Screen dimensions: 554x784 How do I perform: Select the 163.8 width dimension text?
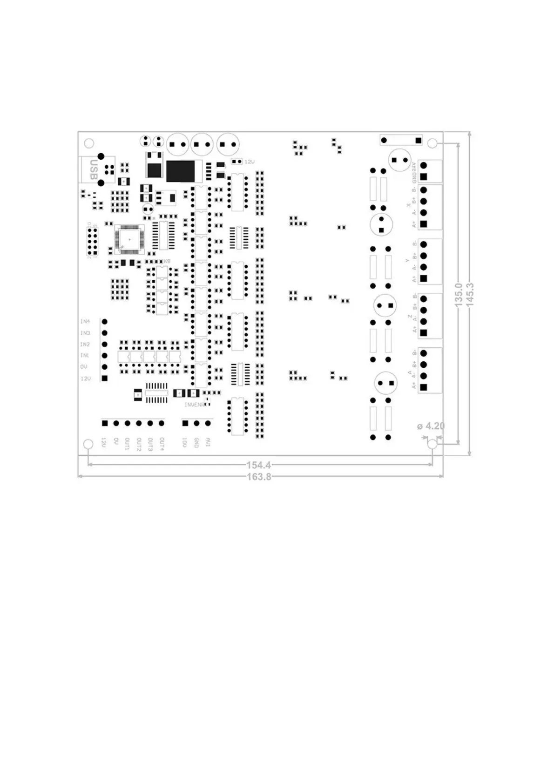point(259,476)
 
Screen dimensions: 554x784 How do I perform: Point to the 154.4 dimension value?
point(259,465)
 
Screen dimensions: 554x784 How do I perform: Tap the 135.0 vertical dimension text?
point(458,294)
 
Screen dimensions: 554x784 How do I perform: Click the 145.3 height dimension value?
point(470,294)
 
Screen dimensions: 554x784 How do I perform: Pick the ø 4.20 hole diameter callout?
point(431,426)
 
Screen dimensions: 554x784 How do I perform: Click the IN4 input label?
point(85,322)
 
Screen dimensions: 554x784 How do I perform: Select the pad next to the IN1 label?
point(105,356)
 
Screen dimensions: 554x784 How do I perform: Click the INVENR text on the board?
point(194,405)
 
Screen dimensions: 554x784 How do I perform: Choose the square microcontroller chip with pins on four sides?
point(129,239)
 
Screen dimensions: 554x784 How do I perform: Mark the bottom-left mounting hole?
point(88,444)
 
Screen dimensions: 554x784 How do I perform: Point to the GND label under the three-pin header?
point(196,443)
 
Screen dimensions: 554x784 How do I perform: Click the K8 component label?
point(166,262)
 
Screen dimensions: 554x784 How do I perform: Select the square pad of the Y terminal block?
point(423,278)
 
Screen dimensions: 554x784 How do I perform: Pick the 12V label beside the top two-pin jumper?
point(250,162)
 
